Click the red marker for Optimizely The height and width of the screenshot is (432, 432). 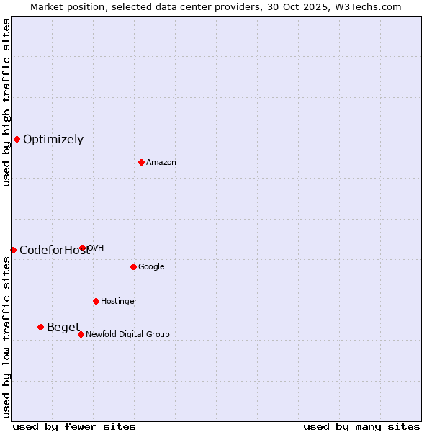tap(17, 139)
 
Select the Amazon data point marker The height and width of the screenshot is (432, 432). tap(141, 162)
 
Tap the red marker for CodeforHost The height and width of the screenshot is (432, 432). tap(13, 250)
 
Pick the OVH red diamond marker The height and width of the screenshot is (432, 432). tap(83, 248)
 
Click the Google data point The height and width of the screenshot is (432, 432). tap(133, 266)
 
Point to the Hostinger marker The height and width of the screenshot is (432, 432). tap(96, 301)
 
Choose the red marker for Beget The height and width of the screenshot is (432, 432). tap(40, 327)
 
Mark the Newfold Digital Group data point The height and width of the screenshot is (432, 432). tap(81, 334)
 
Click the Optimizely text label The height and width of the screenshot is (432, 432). tap(53, 140)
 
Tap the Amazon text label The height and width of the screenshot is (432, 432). tap(161, 163)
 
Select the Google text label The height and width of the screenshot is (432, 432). tap(151, 267)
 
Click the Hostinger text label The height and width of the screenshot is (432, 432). tap(119, 302)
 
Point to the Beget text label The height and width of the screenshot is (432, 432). tap(63, 328)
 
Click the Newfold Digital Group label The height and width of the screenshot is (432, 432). tap(127, 335)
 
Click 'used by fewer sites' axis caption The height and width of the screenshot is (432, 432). tap(74, 426)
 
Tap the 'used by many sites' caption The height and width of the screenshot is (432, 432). tap(361, 426)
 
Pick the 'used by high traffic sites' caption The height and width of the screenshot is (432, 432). tap(6, 102)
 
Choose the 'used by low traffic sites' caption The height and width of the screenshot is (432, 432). tap(6, 337)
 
